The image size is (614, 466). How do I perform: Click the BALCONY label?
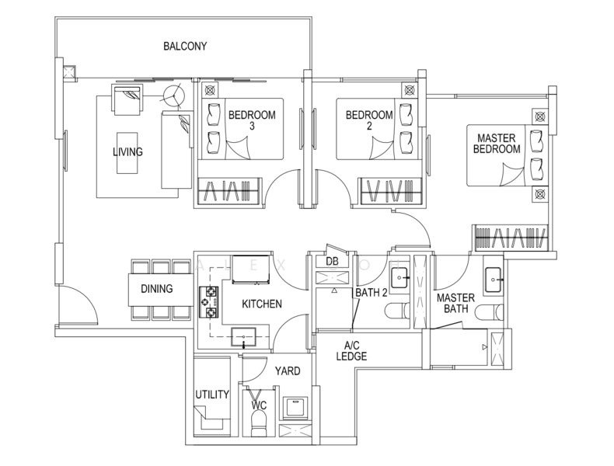click(x=184, y=46)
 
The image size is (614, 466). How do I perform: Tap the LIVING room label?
click(x=127, y=151)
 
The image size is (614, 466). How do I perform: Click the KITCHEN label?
click(x=261, y=304)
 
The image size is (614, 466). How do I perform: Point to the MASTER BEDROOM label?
click(x=497, y=143)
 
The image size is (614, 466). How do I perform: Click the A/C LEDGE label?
click(x=351, y=351)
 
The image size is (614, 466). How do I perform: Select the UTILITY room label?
click(x=212, y=395)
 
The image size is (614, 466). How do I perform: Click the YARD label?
click(x=287, y=370)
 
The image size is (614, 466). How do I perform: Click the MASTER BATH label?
click(x=455, y=303)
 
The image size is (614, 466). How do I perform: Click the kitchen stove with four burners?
click(x=211, y=304)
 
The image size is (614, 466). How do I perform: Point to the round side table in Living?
click(x=175, y=96)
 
